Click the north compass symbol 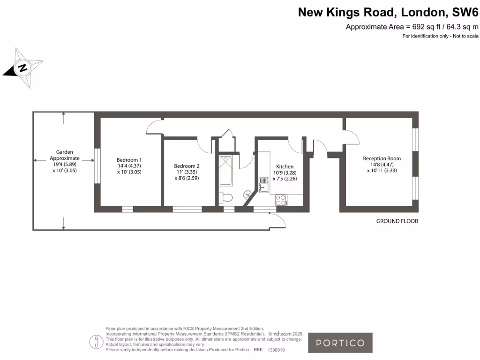22,68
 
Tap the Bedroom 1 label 129,160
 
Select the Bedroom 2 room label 187,166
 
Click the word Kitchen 285,166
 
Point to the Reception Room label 382,158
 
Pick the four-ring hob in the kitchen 281,200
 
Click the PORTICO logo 340,343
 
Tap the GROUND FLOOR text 397,221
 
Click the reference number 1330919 276,350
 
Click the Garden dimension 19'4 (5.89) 65,165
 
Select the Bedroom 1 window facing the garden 97,166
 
